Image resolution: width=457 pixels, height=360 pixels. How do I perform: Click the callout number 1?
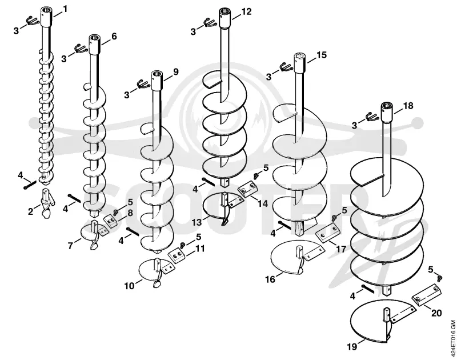tap(65, 9)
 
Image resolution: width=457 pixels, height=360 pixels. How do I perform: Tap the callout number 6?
tap(114, 37)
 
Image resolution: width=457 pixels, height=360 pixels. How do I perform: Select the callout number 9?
tap(176, 71)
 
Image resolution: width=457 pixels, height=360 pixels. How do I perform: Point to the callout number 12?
tap(246, 11)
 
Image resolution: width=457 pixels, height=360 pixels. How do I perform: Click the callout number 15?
tap(322, 55)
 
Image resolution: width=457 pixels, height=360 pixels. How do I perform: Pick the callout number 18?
tap(408, 106)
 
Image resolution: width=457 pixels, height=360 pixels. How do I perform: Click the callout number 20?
tap(436, 313)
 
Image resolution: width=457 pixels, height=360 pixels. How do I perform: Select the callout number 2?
tap(31, 211)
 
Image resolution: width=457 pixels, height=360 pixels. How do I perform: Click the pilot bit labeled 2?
tap(48, 203)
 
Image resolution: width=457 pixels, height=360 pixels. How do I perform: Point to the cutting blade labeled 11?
tap(177, 257)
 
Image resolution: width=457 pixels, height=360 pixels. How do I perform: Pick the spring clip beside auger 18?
tap(372, 117)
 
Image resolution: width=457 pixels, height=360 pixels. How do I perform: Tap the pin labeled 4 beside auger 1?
tap(30, 185)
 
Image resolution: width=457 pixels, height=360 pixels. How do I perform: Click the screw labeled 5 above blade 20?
tap(440, 278)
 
